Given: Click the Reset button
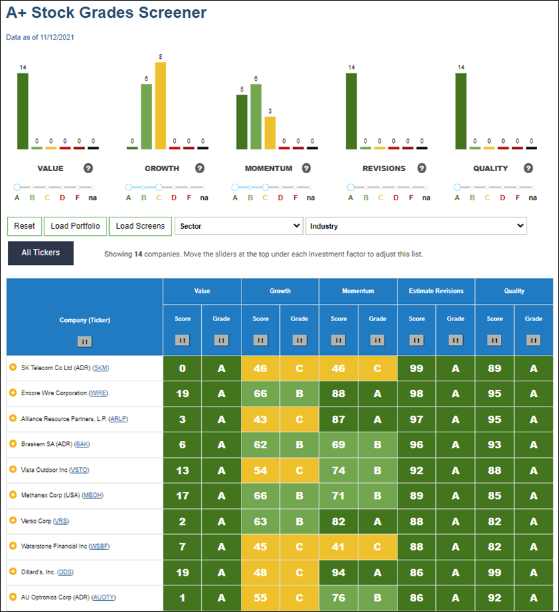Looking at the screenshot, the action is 24,227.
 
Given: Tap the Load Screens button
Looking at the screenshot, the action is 140,227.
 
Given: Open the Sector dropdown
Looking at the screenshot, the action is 239,226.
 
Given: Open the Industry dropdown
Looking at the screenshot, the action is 416,226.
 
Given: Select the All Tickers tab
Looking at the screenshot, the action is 40,253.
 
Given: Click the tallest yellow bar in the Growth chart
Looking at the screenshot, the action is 161,106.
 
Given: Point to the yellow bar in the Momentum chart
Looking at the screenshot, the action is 270,133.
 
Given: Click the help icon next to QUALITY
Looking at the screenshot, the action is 528,169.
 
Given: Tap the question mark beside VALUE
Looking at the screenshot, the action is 88,169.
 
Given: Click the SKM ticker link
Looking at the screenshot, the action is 101,368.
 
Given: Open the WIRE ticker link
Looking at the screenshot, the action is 98,393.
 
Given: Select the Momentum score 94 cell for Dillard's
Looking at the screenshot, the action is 338,572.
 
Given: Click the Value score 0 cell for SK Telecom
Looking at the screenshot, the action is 183,368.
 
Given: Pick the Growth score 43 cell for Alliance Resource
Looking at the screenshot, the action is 261,420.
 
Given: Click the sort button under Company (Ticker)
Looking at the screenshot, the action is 85,342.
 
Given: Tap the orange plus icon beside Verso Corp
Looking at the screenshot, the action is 13,520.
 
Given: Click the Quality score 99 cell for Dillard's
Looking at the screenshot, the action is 495,572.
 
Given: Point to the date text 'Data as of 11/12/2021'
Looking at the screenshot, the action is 40,38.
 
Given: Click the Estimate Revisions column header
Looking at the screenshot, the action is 436,291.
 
